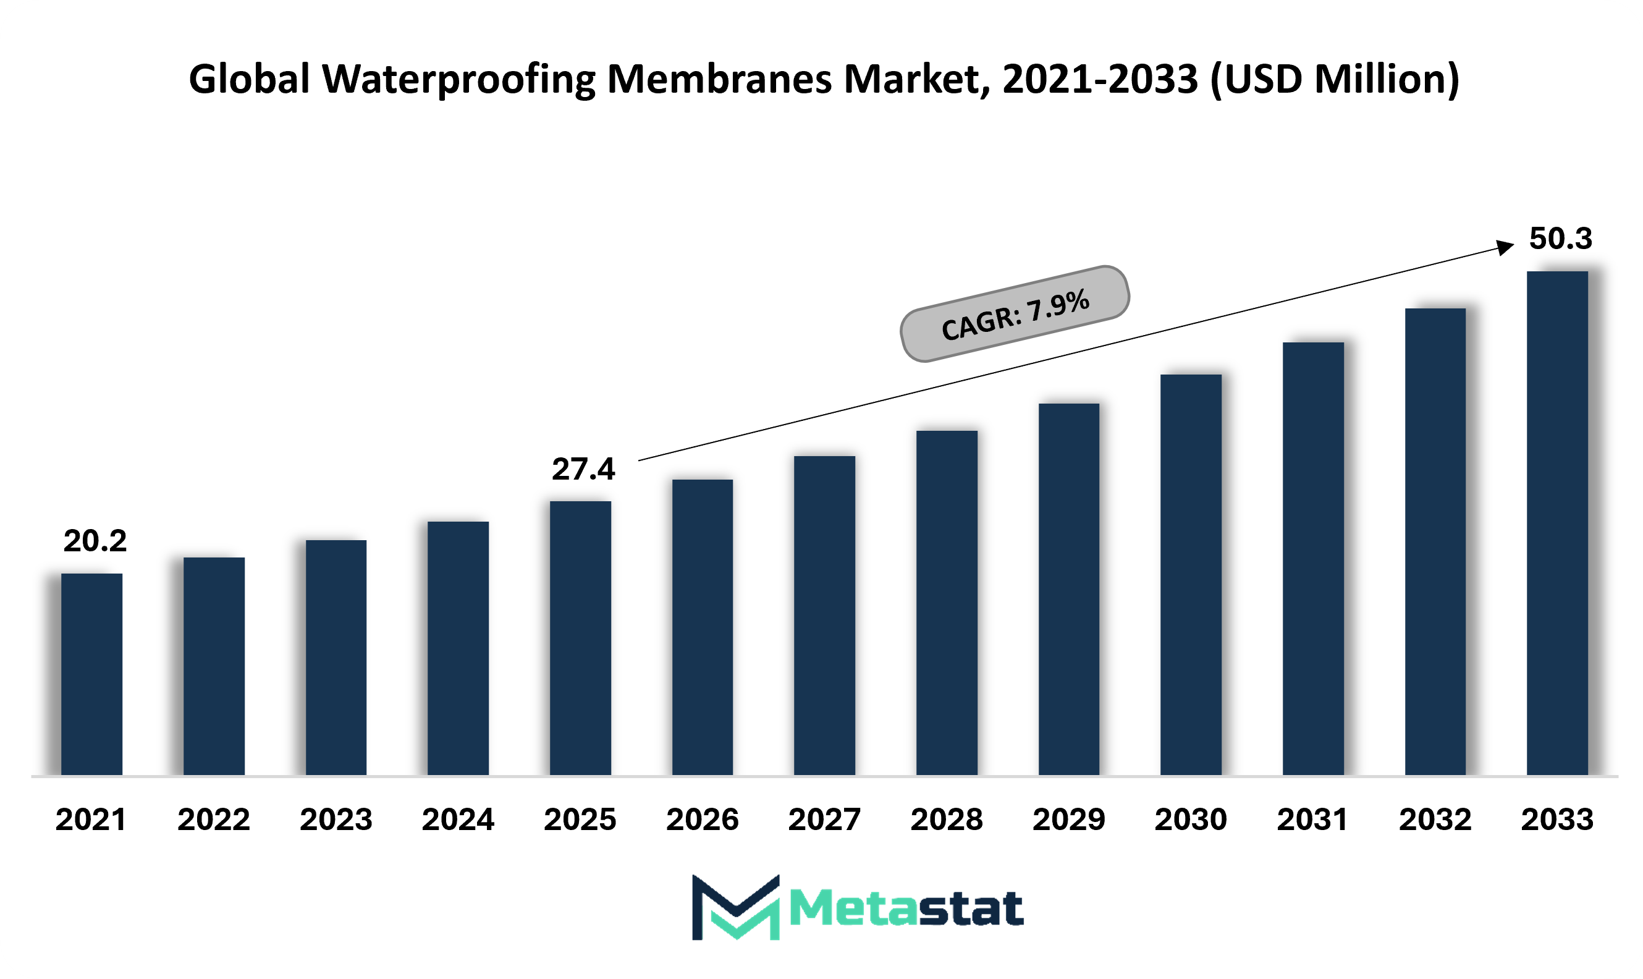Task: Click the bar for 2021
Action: click(91, 674)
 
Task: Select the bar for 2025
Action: click(580, 638)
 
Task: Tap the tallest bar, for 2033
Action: click(1557, 523)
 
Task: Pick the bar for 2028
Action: click(947, 603)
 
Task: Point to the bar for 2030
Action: click(1191, 575)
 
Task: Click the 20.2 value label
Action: click(95, 541)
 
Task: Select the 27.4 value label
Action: click(583, 469)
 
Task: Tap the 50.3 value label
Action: click(1561, 238)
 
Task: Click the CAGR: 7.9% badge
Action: click(1015, 314)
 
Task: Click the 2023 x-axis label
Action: click(336, 820)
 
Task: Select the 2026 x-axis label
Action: click(703, 820)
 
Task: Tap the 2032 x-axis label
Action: click(1435, 820)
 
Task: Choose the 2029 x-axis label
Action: click(1068, 820)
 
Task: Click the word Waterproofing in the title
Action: click(458, 80)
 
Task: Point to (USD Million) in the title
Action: click(1335, 79)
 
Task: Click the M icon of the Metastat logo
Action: click(735, 907)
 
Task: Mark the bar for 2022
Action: click(214, 666)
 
